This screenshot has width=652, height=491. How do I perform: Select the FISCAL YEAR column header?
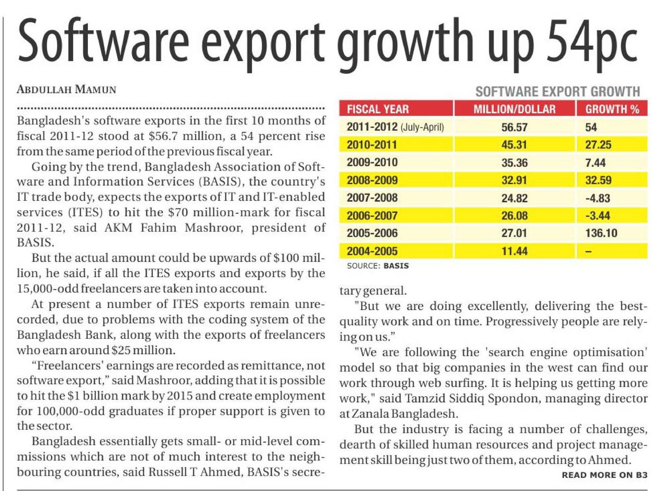click(378, 109)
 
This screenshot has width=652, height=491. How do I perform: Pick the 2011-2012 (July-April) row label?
click(396, 127)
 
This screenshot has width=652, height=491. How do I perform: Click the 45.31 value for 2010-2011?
click(514, 144)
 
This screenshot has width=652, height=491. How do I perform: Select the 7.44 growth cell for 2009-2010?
click(595, 162)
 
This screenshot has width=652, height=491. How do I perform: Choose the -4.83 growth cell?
click(597, 198)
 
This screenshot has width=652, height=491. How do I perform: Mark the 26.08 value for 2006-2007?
click(514, 215)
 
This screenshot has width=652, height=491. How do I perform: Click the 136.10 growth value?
click(601, 233)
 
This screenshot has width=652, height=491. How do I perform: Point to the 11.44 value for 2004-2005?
click(514, 251)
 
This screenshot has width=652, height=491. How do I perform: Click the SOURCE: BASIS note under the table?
click(378, 265)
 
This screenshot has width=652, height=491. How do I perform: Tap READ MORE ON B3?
click(604, 475)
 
